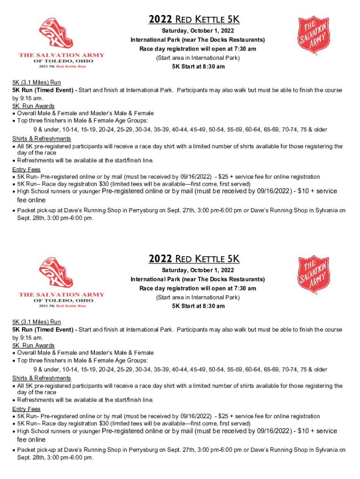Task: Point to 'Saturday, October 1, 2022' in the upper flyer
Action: pos(198,31)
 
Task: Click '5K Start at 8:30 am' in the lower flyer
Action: pos(198,306)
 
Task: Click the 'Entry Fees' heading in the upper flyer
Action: pos(26,169)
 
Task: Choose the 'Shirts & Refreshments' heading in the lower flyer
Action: pos(42,378)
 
